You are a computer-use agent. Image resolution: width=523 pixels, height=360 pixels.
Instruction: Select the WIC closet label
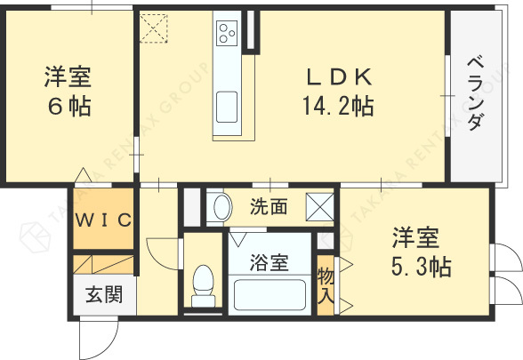click(102, 220)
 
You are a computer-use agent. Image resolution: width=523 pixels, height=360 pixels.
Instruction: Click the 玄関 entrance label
click(104, 293)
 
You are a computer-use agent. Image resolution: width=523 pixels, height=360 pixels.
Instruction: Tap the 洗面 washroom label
click(268, 208)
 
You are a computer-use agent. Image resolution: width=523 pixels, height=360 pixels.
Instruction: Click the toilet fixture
click(204, 282)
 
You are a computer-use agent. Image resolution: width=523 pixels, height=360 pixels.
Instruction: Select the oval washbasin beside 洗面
click(219, 208)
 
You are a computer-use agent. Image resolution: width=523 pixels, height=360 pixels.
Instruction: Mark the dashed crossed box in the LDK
click(154, 27)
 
